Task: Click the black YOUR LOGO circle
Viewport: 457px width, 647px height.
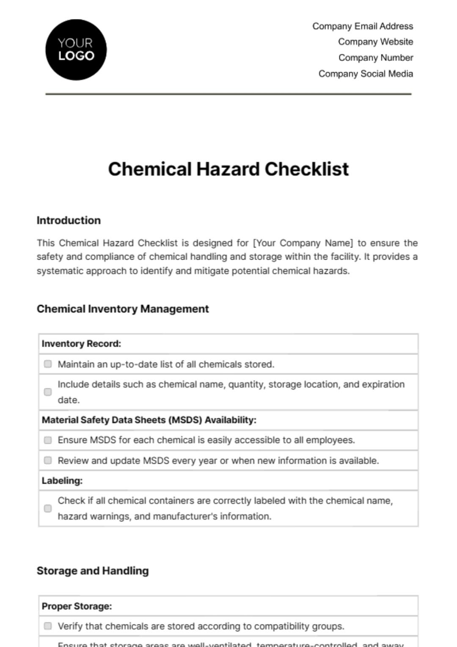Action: pyautogui.click(x=76, y=50)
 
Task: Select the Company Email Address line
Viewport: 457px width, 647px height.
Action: pyautogui.click(x=363, y=26)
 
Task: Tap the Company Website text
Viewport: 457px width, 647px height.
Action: pyautogui.click(x=375, y=42)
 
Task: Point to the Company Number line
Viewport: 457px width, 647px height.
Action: pyautogui.click(x=376, y=58)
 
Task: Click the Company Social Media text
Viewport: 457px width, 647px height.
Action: pyautogui.click(x=366, y=74)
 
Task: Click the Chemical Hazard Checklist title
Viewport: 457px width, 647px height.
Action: pyautogui.click(x=228, y=169)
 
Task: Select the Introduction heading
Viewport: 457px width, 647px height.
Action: pyautogui.click(x=69, y=220)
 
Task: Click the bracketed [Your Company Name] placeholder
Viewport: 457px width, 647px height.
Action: pyautogui.click(x=303, y=243)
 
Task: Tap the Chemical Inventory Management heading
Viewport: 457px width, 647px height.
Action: pyautogui.click(x=123, y=309)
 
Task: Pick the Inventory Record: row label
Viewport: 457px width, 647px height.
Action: pyautogui.click(x=81, y=344)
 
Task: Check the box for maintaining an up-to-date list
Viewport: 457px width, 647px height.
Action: pyautogui.click(x=48, y=364)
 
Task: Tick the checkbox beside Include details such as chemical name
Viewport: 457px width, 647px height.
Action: pyautogui.click(x=48, y=392)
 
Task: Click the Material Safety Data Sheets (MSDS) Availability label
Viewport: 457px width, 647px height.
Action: pyautogui.click(x=149, y=420)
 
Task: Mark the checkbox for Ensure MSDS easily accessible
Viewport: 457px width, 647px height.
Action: pyautogui.click(x=48, y=440)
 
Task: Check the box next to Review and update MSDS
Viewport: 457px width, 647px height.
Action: pyautogui.click(x=48, y=461)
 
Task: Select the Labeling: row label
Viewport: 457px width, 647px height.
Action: pyautogui.click(x=62, y=481)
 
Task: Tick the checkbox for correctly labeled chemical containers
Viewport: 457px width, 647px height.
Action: pyautogui.click(x=48, y=508)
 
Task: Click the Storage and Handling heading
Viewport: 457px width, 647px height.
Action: pyautogui.click(x=93, y=571)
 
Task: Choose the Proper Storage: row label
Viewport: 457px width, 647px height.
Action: pyautogui.click(x=77, y=606)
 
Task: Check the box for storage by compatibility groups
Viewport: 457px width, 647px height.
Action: pyautogui.click(x=48, y=626)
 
